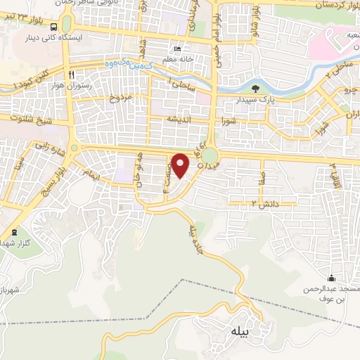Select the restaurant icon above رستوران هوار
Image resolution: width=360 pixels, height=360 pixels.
click(71, 72)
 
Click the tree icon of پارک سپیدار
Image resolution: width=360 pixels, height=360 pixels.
click(255, 89)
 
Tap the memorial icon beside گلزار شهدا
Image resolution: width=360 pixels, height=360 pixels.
click(13, 233)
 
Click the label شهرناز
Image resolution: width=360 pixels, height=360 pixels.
click(11, 290)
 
